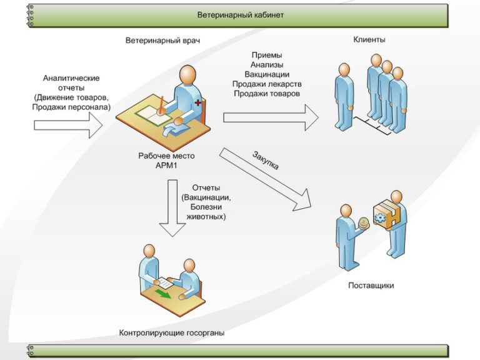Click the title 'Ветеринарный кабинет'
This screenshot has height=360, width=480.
click(x=240, y=14)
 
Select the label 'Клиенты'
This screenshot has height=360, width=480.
click(x=369, y=39)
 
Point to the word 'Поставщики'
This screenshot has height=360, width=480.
click(x=371, y=286)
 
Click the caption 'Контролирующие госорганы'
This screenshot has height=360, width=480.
click(x=172, y=333)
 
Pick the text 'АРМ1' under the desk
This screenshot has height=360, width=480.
click(x=166, y=166)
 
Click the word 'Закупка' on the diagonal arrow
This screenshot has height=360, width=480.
click(x=266, y=161)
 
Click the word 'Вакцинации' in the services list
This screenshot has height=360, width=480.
click(x=267, y=74)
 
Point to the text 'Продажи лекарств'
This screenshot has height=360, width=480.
click(x=267, y=84)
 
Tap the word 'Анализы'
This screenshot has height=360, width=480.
click(x=267, y=65)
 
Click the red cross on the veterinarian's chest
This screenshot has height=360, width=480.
click(x=198, y=101)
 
